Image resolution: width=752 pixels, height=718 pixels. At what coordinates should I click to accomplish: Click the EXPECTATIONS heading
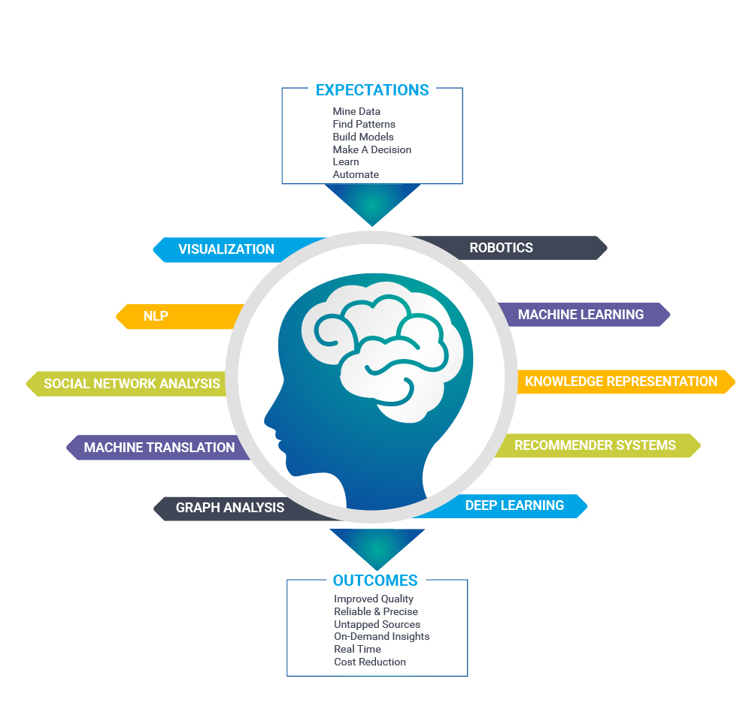point(372,90)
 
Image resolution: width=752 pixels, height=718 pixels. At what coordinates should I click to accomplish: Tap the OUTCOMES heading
point(375,581)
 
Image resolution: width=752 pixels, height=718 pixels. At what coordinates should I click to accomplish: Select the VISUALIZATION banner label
point(226,249)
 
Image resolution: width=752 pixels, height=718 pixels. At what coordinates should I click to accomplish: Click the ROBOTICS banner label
point(501,248)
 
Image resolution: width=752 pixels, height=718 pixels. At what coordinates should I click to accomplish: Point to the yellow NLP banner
point(156,316)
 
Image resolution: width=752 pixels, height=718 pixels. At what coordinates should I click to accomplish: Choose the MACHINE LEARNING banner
point(581,315)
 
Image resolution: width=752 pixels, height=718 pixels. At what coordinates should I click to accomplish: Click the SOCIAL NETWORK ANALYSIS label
point(132,384)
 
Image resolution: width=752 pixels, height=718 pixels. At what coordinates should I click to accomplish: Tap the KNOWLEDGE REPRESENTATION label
point(620,382)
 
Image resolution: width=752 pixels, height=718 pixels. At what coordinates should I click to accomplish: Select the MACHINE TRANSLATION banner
point(159,448)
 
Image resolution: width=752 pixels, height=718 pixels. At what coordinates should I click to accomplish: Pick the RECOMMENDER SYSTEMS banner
point(595,445)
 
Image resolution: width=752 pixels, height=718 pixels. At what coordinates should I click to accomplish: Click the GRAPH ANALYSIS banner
point(229,508)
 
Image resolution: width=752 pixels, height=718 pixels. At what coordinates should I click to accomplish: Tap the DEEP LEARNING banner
point(514,505)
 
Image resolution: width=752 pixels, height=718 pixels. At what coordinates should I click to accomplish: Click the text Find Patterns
point(364,124)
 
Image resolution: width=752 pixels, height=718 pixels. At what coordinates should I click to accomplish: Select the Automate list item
point(356,174)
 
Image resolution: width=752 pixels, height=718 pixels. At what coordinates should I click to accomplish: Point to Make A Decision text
point(371,149)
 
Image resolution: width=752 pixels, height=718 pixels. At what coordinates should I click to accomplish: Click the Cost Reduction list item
point(370,662)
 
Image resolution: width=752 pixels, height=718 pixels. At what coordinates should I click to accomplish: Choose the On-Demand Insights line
point(381,636)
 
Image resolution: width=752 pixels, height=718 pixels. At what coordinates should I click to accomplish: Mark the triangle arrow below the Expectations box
point(372,203)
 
